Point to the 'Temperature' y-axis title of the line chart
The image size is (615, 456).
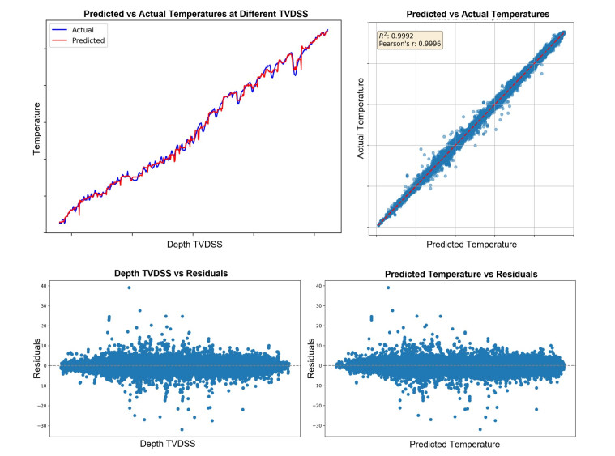pyautogui.click(x=37, y=129)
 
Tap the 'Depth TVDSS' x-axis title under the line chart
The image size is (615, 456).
pyautogui.click(x=194, y=244)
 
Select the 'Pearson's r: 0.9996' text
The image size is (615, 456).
pyautogui.click(x=405, y=45)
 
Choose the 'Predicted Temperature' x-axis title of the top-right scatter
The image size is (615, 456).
pyautogui.click(x=472, y=244)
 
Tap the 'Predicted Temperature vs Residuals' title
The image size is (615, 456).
pyautogui.click(x=460, y=274)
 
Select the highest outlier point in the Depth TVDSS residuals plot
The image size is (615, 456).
pyautogui.click(x=129, y=288)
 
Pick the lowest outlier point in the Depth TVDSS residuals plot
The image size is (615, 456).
pyautogui.click(x=182, y=429)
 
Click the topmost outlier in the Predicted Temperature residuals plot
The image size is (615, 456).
pyautogui.click(x=388, y=288)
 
